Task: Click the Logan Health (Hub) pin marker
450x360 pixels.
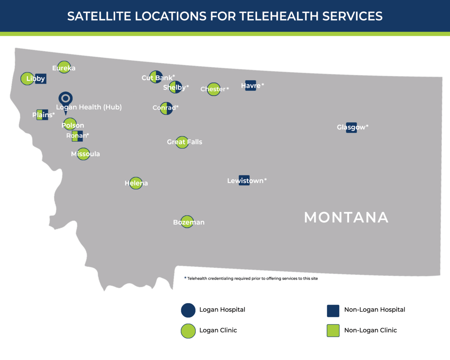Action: point(65,99)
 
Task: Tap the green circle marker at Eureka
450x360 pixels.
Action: point(64,67)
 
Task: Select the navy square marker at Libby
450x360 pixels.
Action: point(41,79)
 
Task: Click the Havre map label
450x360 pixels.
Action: point(251,85)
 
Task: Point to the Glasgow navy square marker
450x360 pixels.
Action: point(351,127)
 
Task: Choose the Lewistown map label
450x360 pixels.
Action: point(245,181)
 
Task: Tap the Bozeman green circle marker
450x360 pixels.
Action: point(187,221)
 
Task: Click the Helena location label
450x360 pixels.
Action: point(136,183)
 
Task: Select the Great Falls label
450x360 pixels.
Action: point(185,142)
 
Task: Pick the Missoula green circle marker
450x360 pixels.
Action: point(83,154)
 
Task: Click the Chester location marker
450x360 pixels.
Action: point(213,89)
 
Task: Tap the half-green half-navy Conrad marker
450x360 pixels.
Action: point(166,108)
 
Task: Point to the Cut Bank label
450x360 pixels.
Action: point(157,78)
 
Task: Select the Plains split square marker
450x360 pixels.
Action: point(43,115)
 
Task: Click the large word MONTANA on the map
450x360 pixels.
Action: point(346,218)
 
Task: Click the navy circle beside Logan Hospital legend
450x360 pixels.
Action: point(188,310)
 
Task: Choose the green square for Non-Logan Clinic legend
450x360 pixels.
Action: point(333,331)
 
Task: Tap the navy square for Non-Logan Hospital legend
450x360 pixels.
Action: point(333,311)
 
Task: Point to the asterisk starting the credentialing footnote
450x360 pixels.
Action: point(185,278)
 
